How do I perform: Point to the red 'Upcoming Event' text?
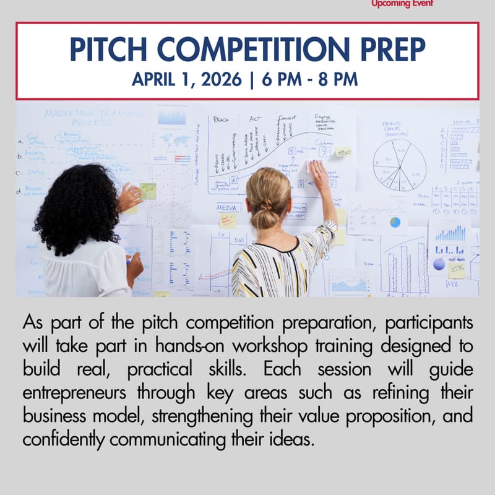(x=402, y=4)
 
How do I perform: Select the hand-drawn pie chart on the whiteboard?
(x=399, y=164)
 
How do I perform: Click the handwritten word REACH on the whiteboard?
(x=222, y=119)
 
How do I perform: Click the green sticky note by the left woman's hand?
(x=148, y=191)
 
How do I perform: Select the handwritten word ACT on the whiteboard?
(x=255, y=118)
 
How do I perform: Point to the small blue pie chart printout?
(x=395, y=222)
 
